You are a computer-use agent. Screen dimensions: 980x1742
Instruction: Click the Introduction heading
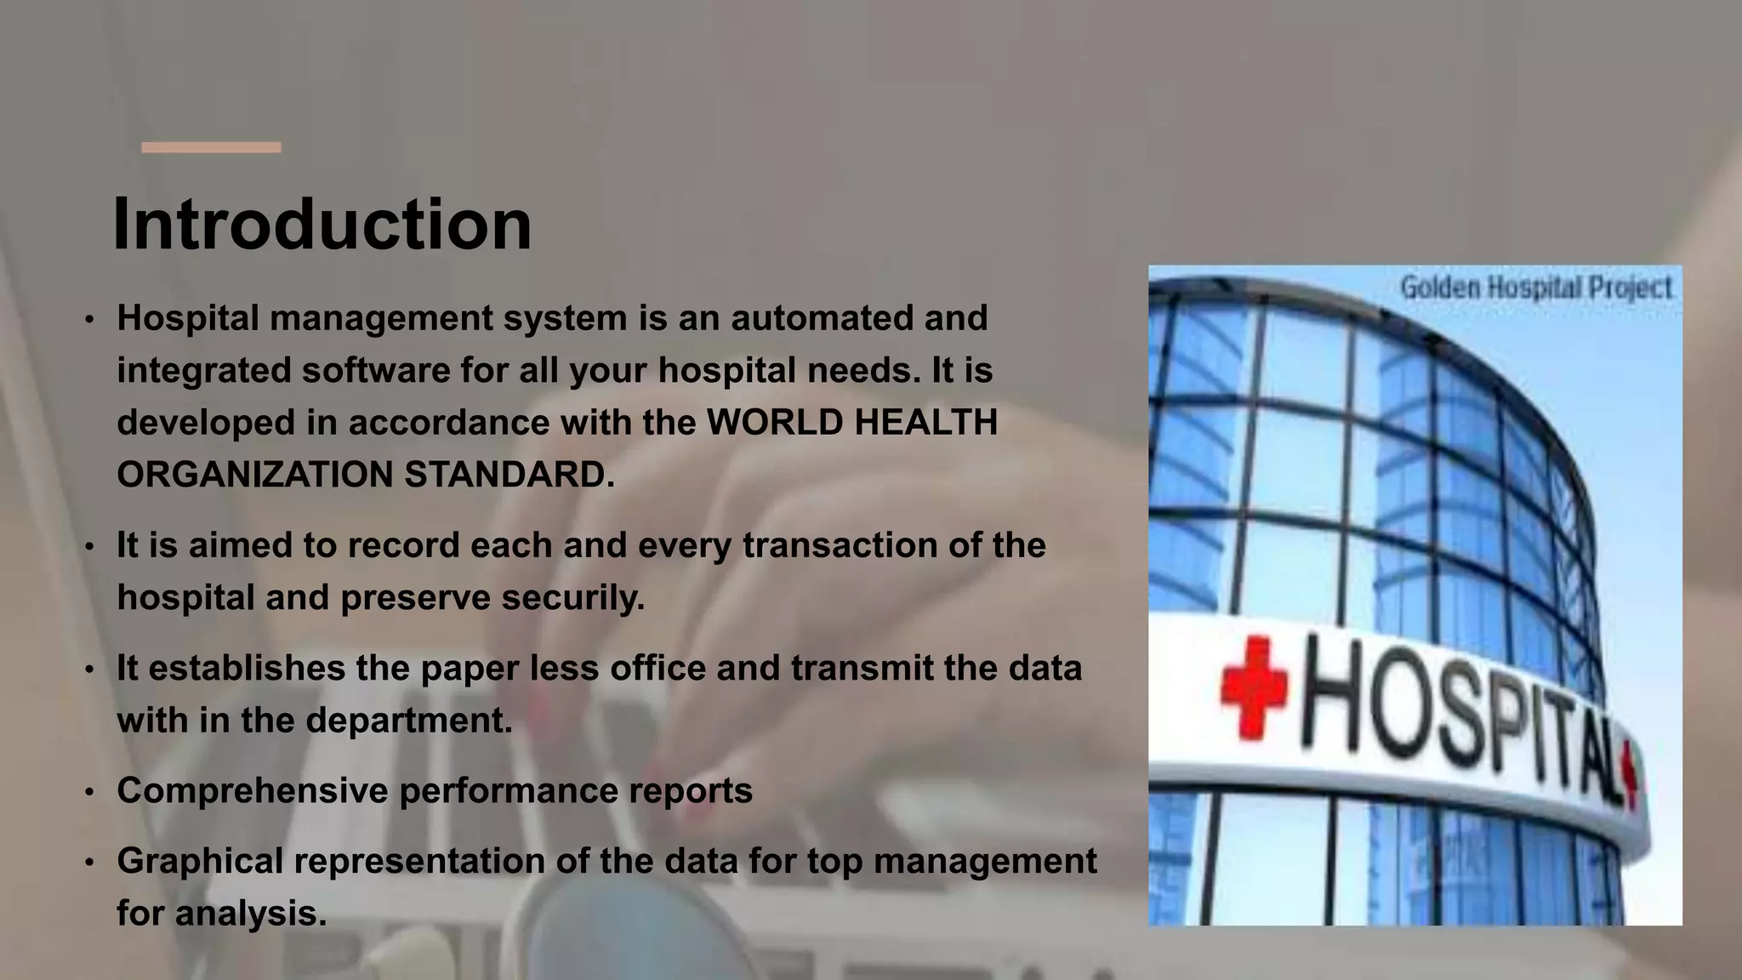click(x=322, y=225)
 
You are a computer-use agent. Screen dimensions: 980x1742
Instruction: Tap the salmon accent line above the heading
click(x=211, y=148)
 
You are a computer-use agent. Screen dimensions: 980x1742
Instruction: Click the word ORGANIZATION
click(x=254, y=475)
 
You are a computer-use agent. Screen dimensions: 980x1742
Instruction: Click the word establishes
click(x=247, y=669)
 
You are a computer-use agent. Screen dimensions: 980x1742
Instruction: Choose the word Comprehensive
click(x=253, y=791)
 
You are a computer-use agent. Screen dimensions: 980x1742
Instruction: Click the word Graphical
click(x=200, y=861)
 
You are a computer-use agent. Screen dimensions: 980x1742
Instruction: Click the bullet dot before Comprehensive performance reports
click(x=89, y=793)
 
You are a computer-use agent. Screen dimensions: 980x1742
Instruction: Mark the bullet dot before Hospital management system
click(x=89, y=320)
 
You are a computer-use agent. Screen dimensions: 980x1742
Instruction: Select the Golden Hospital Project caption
click(x=1535, y=288)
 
